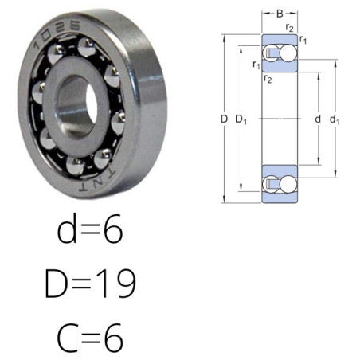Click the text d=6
click(x=90, y=229)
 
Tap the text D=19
click(x=90, y=283)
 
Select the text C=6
click(x=90, y=338)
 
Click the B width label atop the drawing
click(x=280, y=14)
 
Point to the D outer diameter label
click(x=224, y=119)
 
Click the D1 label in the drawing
click(x=241, y=119)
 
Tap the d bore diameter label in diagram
click(x=318, y=119)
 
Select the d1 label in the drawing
click(x=335, y=119)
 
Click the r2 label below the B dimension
click(x=290, y=27)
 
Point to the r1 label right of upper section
click(x=303, y=40)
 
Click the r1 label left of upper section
click(x=256, y=65)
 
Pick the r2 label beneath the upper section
click(x=268, y=79)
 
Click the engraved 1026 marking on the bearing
click(x=56, y=33)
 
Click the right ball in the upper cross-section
click(x=288, y=53)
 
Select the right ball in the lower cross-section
click(x=288, y=184)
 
